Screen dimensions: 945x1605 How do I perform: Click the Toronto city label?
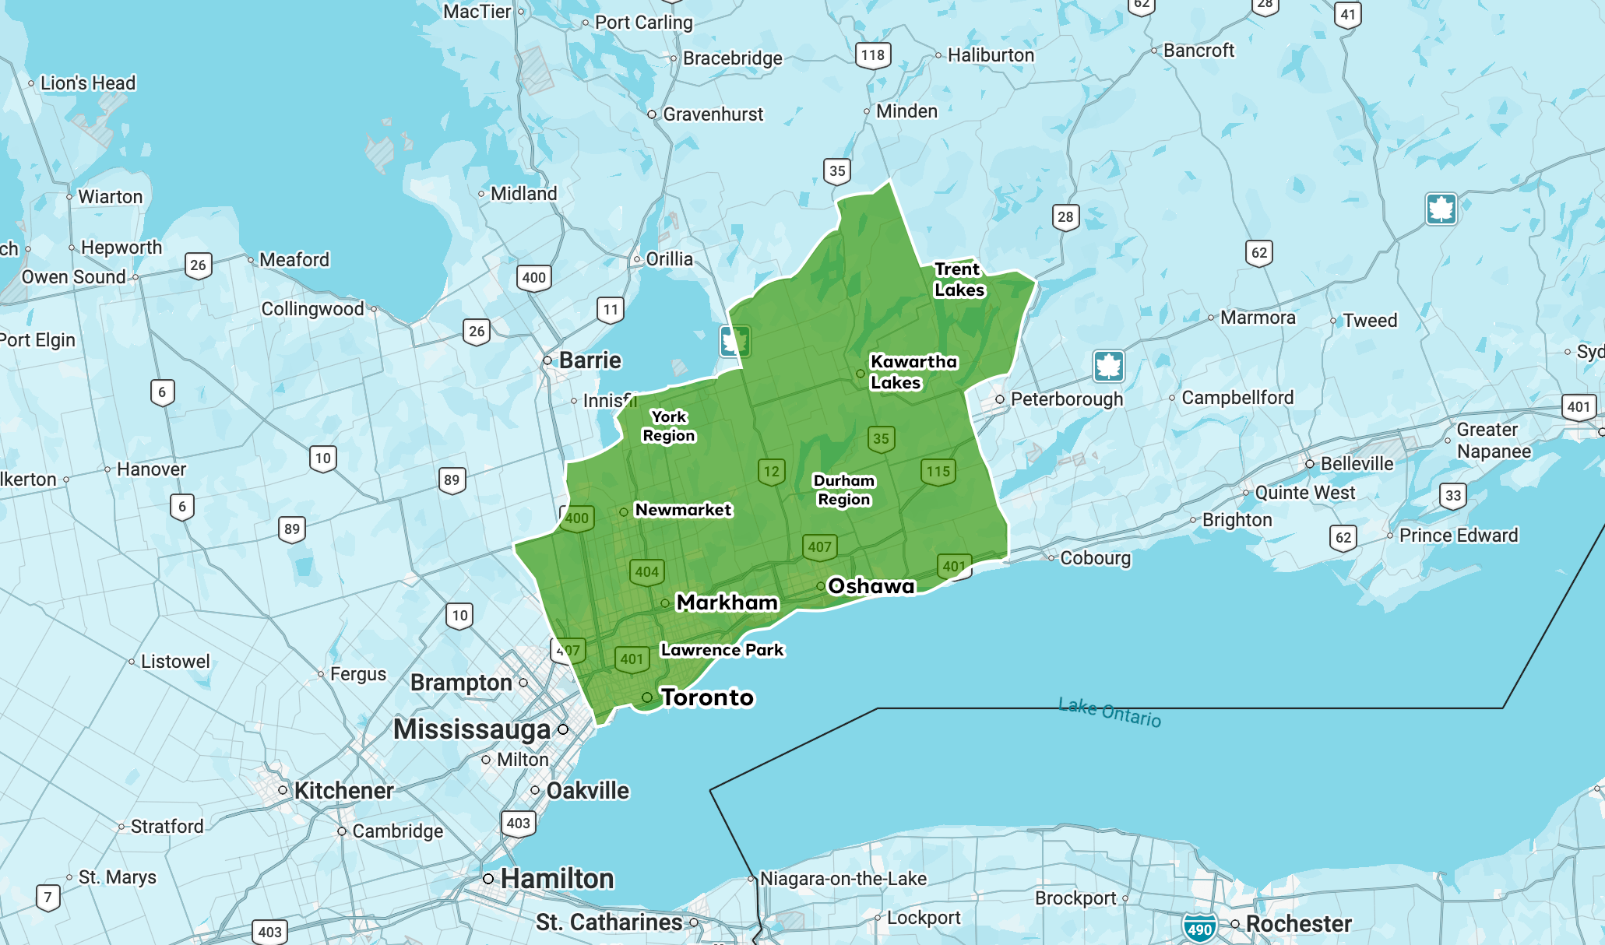coord(707,697)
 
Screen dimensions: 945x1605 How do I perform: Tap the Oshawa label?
coord(871,586)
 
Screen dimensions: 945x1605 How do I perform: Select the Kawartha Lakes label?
coord(913,372)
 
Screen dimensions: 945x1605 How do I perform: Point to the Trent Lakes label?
coord(959,279)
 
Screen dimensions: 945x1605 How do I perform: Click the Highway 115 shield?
coord(938,472)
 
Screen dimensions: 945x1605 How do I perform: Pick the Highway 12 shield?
coord(771,472)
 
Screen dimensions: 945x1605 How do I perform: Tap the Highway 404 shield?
coord(646,572)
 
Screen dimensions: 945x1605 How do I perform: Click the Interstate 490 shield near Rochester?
coord(1199,929)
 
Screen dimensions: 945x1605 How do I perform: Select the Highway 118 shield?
coord(872,55)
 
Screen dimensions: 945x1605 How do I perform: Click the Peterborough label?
coord(1066,399)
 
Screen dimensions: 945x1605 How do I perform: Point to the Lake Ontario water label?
coord(1109,712)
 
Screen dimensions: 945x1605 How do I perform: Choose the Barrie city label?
coord(590,360)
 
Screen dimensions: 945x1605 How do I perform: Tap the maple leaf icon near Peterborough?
coord(1108,366)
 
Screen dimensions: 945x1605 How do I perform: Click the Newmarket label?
coord(683,510)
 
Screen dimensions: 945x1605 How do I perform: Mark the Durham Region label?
coord(843,490)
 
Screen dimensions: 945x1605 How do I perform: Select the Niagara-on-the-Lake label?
coord(843,879)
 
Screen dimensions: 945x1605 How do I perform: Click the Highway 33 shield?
coord(1452,496)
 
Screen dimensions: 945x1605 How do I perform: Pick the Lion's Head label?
coord(87,83)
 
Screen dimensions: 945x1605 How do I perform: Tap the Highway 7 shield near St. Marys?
coord(48,898)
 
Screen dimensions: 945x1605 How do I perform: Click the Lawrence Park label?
coord(722,650)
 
